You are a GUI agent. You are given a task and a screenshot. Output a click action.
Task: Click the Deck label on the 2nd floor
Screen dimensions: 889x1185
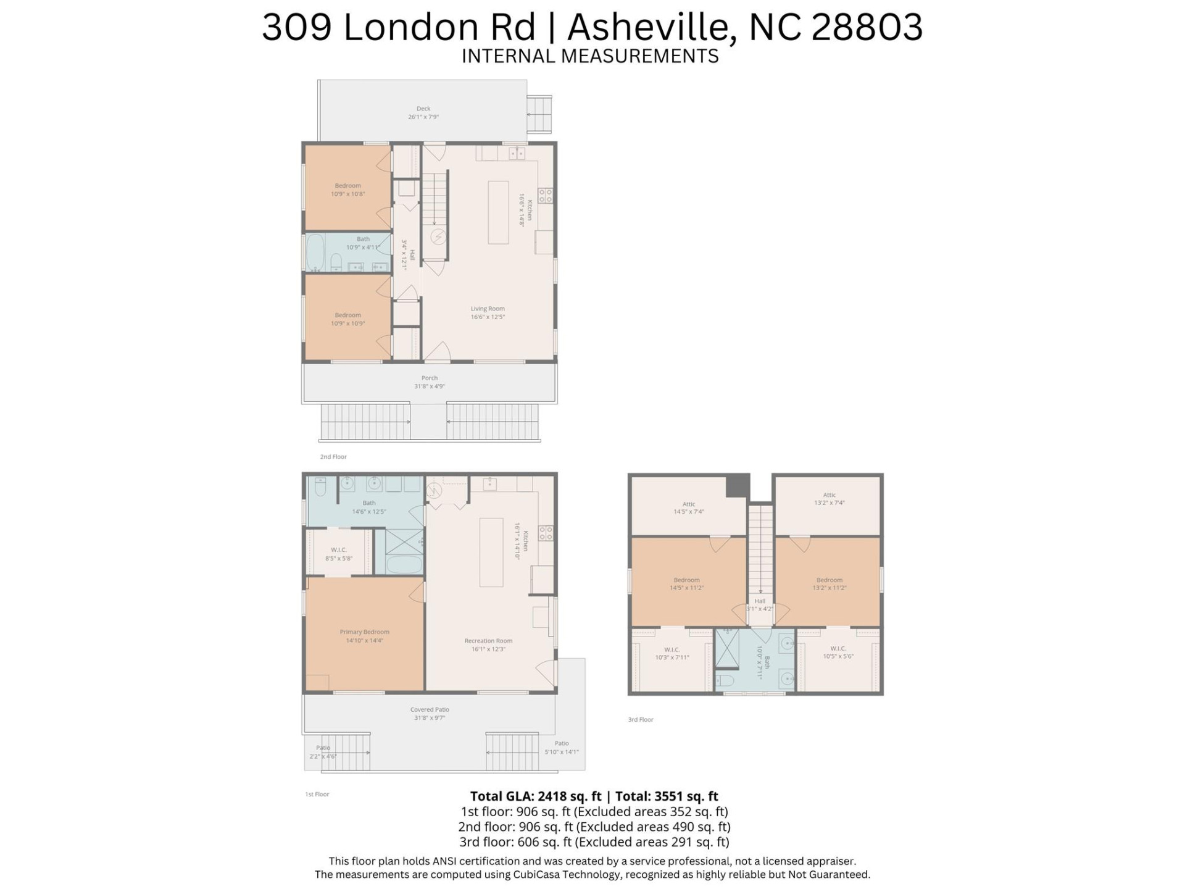(423, 109)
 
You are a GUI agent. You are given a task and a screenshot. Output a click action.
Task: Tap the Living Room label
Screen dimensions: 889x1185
(488, 309)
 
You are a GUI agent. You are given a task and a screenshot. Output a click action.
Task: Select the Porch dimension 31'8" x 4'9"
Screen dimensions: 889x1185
(429, 386)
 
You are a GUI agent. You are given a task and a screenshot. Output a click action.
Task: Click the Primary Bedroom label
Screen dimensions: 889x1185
(364, 632)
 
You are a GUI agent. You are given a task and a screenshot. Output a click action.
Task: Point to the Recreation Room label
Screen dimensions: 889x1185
(488, 641)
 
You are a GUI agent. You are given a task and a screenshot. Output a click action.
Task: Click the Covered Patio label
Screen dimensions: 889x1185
(430, 710)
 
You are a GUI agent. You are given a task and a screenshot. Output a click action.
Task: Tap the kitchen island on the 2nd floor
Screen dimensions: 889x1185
(498, 212)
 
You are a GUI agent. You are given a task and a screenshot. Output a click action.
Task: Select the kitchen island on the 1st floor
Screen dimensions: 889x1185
(491, 552)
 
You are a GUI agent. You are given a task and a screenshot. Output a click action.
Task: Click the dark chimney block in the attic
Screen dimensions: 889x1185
(737, 485)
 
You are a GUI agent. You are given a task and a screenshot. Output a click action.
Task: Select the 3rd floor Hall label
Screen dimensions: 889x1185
(760, 601)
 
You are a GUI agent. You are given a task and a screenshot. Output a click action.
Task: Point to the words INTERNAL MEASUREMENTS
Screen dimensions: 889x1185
(590, 56)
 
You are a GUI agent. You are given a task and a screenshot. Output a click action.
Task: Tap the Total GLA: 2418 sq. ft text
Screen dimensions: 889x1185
(535, 796)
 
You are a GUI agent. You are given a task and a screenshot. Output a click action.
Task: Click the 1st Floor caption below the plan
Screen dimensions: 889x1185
(317, 795)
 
